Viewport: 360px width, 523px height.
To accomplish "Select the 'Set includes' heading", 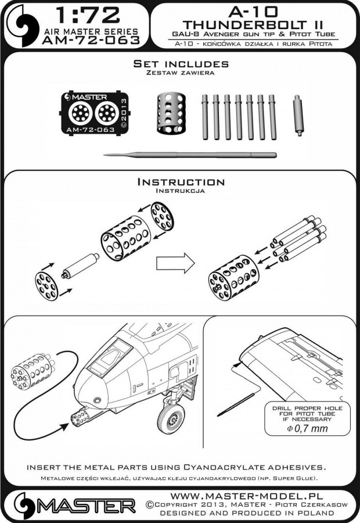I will [181, 64].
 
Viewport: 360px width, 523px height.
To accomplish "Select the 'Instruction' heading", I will [181, 182].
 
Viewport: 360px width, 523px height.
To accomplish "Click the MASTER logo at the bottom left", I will [70, 504].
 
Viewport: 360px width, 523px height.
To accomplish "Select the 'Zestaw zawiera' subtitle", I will [181, 74].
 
